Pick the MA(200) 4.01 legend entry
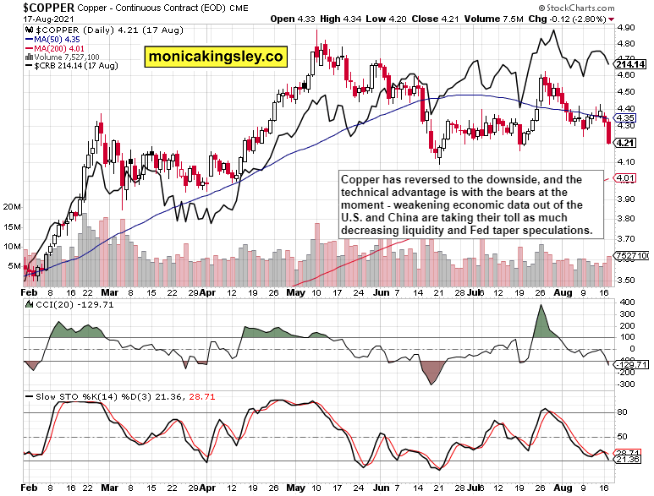59,48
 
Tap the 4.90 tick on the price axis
625,27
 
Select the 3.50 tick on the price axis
625,280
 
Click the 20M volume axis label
12,206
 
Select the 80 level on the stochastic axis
622,412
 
